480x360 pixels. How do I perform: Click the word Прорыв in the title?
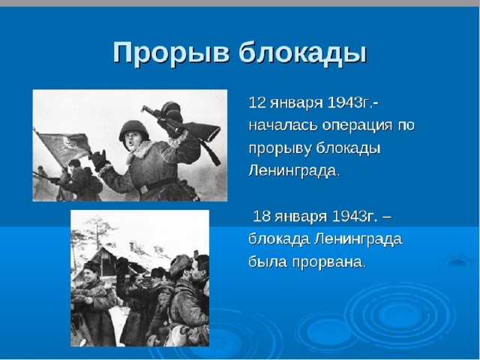[171, 52]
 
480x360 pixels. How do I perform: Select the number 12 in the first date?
[256, 103]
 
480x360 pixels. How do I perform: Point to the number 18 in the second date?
[262, 217]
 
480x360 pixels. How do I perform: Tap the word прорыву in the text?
[280, 149]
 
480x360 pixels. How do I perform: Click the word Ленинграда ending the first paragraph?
[294, 171]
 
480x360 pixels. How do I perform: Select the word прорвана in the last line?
[329, 262]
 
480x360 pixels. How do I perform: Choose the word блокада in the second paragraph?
[279, 239]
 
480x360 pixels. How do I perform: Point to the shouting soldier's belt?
[157, 185]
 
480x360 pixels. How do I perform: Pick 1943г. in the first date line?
[352, 103]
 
